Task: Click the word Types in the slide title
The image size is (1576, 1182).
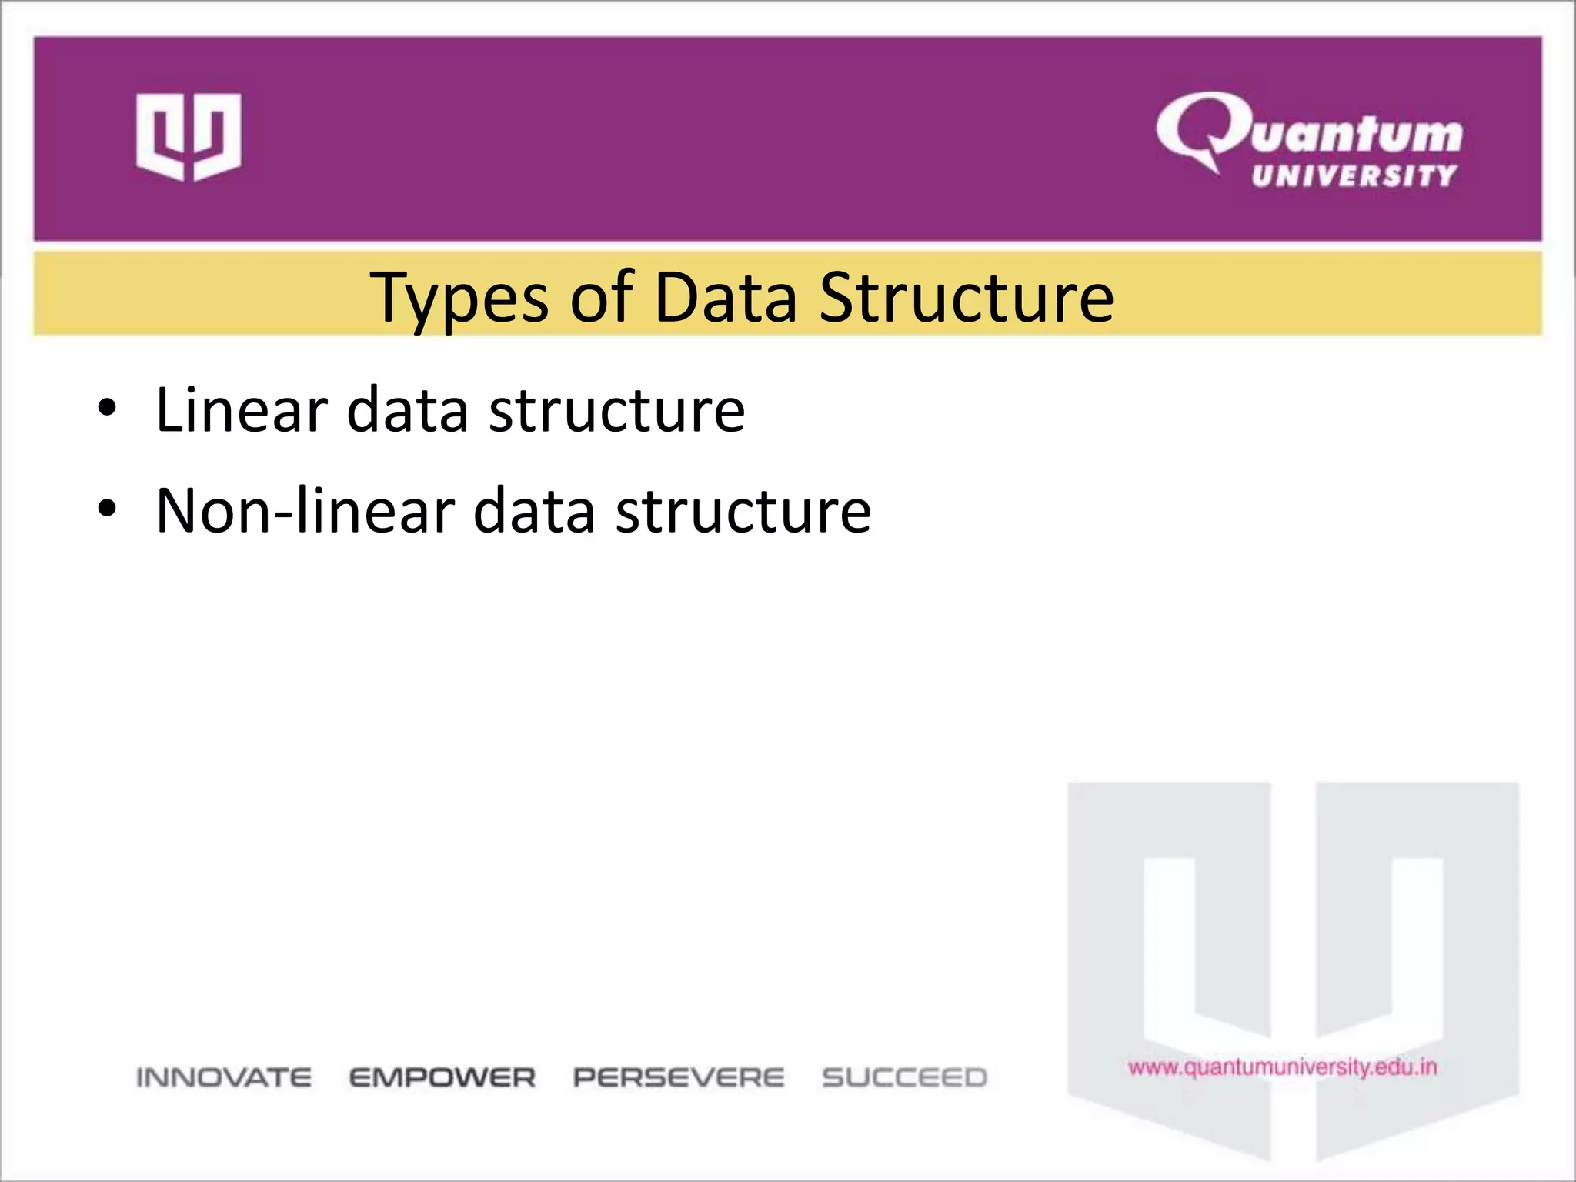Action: pyautogui.click(x=459, y=299)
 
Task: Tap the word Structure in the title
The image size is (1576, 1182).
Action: pyautogui.click(x=966, y=298)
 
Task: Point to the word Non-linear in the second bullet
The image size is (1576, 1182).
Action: pyautogui.click(x=305, y=511)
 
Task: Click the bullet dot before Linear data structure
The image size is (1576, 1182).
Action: pyautogui.click(x=107, y=408)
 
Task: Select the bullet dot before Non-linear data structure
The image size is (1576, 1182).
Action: pyautogui.click(x=107, y=509)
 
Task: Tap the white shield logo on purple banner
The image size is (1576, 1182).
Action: pyautogui.click(x=189, y=137)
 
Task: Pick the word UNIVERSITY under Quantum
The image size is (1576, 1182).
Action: pyautogui.click(x=1354, y=176)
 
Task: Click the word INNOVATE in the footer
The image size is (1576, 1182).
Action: pyautogui.click(x=224, y=1077)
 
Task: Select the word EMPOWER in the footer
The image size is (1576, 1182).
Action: pyautogui.click(x=442, y=1077)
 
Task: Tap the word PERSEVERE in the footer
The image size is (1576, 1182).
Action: pyautogui.click(x=679, y=1077)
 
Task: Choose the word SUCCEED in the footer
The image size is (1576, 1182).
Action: pyautogui.click(x=904, y=1077)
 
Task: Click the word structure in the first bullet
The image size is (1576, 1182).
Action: pyautogui.click(x=616, y=410)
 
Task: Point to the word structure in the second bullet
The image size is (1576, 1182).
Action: pyautogui.click(x=743, y=511)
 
